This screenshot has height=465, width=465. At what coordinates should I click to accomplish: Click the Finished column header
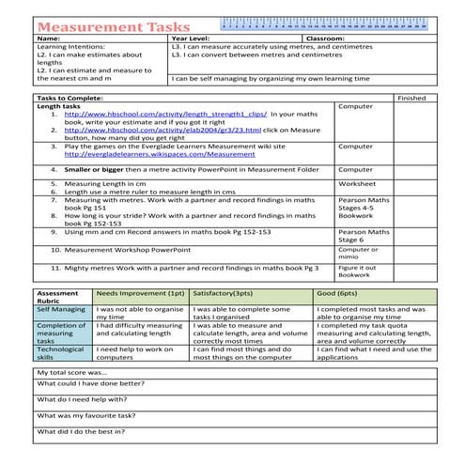click(x=411, y=98)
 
